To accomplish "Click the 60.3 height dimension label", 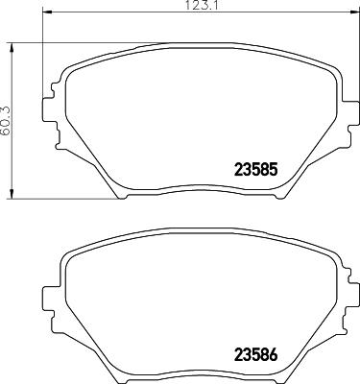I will point(7,119).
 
